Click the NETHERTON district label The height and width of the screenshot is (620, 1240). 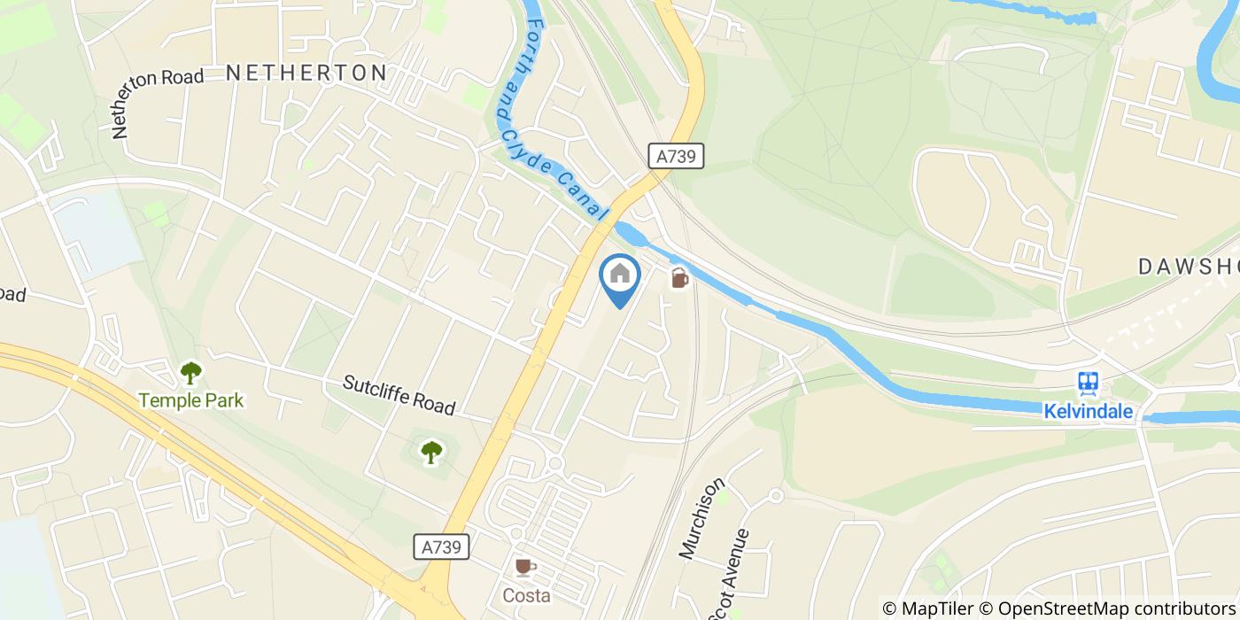pyautogui.click(x=306, y=73)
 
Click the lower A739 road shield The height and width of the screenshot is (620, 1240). pyautogui.click(x=441, y=547)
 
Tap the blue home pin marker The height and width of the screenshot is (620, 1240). pyautogui.click(x=620, y=276)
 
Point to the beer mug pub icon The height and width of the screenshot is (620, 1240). pyautogui.click(x=678, y=277)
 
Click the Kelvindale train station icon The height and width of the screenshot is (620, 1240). pyautogui.click(x=1088, y=384)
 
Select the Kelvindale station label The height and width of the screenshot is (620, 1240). pyautogui.click(x=1088, y=412)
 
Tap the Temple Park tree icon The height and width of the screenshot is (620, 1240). pyautogui.click(x=190, y=374)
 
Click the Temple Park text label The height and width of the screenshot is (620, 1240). pyautogui.click(x=190, y=401)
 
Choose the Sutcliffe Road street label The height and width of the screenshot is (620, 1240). pyautogui.click(x=399, y=395)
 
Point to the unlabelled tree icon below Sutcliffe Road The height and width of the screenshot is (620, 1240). pyautogui.click(x=431, y=452)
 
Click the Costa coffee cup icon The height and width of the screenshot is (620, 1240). pyautogui.click(x=526, y=567)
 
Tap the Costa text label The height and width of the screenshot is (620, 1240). pyautogui.click(x=526, y=594)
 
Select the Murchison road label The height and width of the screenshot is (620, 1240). pyautogui.click(x=701, y=518)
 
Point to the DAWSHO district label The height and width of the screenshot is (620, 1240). pyautogui.click(x=1187, y=266)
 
